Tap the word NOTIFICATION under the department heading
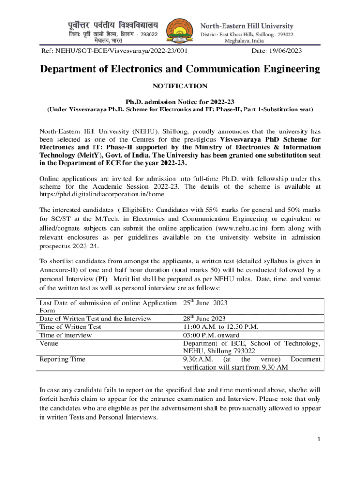180,86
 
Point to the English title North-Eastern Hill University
247,25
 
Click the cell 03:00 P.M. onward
211,335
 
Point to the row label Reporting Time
62,359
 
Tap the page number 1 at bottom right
318,439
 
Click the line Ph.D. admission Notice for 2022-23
180,102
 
